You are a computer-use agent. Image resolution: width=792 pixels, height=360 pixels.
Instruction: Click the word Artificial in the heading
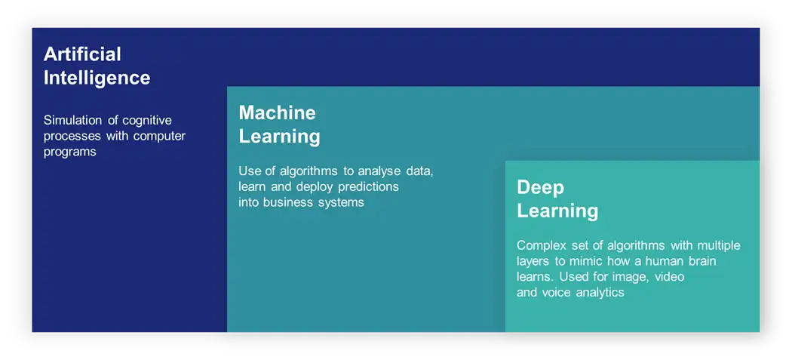click(82, 54)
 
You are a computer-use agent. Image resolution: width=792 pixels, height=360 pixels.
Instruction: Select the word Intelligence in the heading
click(97, 78)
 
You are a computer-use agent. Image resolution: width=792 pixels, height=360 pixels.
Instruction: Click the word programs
click(69, 152)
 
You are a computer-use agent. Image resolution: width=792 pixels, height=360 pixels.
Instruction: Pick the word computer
click(160, 137)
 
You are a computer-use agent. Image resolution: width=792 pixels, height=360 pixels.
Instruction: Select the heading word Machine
click(278, 112)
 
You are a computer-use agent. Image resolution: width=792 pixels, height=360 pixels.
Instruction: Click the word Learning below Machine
click(279, 137)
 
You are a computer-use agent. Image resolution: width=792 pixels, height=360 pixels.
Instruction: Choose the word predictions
click(368, 187)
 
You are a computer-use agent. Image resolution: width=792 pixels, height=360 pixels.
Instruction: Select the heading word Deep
click(541, 188)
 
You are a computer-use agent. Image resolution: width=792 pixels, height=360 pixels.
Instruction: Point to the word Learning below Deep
click(557, 211)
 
